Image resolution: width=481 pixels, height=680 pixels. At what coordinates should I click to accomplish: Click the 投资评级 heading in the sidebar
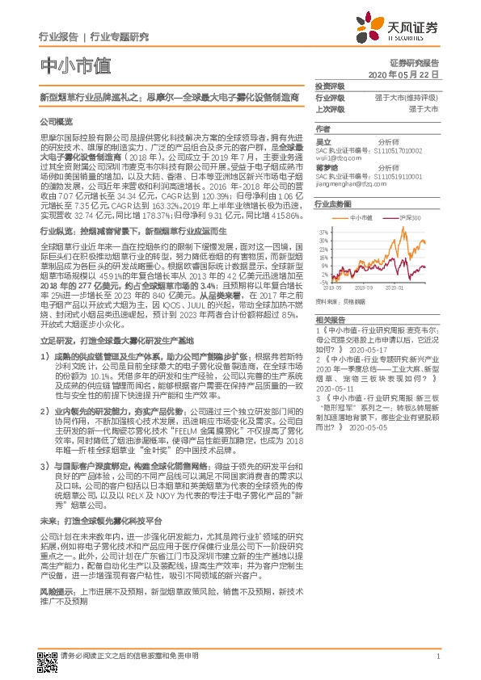point(329,86)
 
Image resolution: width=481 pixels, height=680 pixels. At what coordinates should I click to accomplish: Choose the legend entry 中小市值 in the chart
point(361,217)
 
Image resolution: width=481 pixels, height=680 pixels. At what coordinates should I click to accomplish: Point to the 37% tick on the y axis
point(323,232)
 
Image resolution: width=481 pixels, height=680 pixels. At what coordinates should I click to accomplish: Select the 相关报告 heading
point(329,321)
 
